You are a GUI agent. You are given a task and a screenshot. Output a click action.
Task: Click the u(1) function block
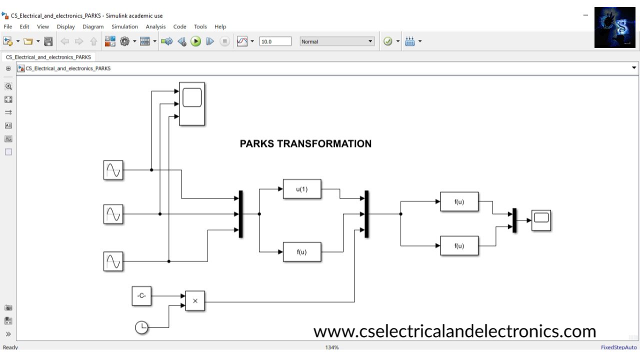pyautogui.click(x=302, y=189)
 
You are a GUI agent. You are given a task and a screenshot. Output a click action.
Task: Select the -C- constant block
pyautogui.click(x=141, y=296)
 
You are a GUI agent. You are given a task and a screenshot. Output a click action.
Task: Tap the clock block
pyautogui.click(x=142, y=327)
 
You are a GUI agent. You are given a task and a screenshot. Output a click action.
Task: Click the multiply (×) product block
pyautogui.click(x=195, y=301)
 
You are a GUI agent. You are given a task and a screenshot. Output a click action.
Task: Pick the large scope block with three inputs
pyautogui.click(x=192, y=104)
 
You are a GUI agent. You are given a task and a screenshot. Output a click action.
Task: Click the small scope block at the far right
pyautogui.click(x=541, y=220)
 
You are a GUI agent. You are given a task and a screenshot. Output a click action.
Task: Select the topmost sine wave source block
pyautogui.click(x=113, y=170)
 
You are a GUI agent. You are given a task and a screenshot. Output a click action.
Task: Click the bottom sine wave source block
pyautogui.click(x=113, y=261)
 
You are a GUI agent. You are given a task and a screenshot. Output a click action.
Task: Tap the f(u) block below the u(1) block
pyautogui.click(x=302, y=252)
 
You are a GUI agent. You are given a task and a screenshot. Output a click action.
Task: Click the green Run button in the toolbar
pyautogui.click(x=196, y=41)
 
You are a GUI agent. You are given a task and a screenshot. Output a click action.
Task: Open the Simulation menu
pyautogui.click(x=124, y=27)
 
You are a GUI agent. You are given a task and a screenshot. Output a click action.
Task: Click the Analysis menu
pyautogui.click(x=155, y=27)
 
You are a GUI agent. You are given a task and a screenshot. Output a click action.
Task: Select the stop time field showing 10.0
pyautogui.click(x=275, y=41)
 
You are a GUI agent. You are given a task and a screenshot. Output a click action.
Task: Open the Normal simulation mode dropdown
pyautogui.click(x=337, y=41)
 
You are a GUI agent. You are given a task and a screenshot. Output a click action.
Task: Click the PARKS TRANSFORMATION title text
pyautogui.click(x=305, y=144)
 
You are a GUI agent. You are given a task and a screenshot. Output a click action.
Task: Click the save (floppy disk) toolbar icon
pyautogui.click(x=48, y=41)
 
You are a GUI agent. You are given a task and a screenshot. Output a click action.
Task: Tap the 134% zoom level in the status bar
pyautogui.click(x=332, y=347)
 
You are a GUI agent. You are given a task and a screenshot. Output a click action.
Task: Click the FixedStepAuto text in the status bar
pyautogui.click(x=619, y=347)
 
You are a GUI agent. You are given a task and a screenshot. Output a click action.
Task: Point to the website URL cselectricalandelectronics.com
pyautogui.click(x=454, y=331)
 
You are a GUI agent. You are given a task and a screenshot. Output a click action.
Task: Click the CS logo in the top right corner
pyautogui.click(x=614, y=27)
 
